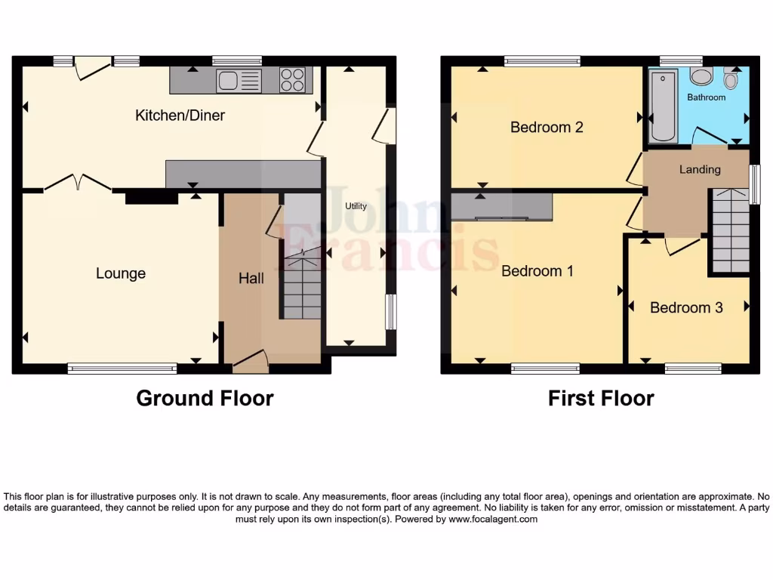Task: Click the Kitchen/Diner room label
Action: (x=180, y=116)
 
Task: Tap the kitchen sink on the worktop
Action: (x=239, y=80)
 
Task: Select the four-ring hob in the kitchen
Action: (x=293, y=80)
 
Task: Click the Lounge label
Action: (x=121, y=273)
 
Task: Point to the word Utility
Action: (x=356, y=206)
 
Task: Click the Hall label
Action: (x=251, y=279)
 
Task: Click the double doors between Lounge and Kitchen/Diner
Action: (x=78, y=184)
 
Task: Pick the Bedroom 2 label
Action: (x=547, y=127)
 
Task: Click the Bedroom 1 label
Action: (x=537, y=270)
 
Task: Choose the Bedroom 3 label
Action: (x=686, y=307)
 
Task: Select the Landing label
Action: (x=700, y=169)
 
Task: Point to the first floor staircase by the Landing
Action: (x=728, y=230)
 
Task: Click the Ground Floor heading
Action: (x=205, y=398)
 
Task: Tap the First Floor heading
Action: (x=601, y=398)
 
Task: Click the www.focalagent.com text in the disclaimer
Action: (x=493, y=519)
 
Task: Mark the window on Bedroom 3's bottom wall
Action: (x=693, y=369)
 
